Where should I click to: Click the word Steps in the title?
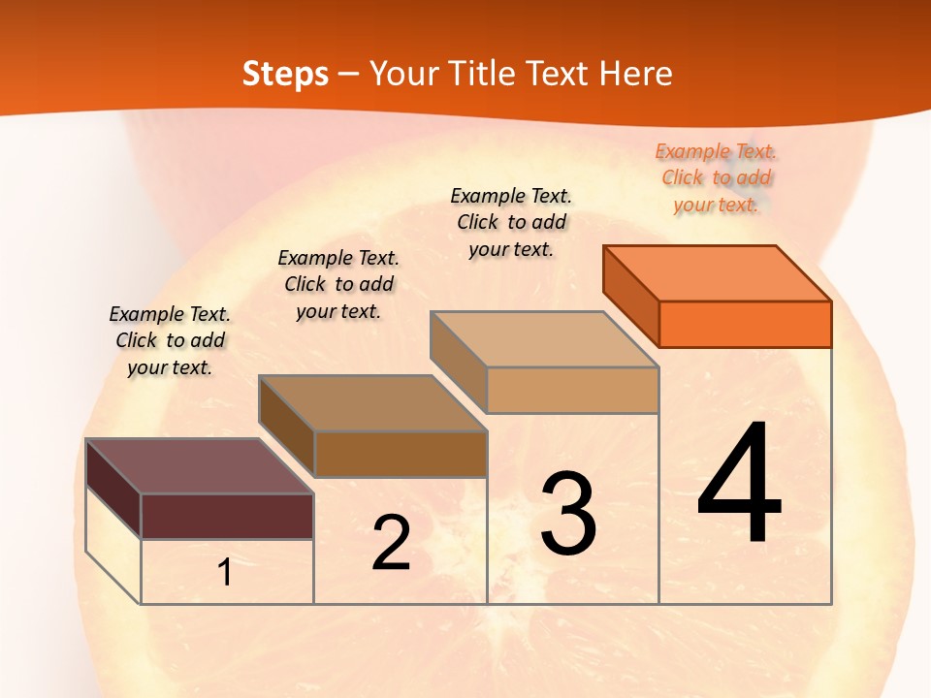coord(285,74)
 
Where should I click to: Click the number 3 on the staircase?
coord(568,514)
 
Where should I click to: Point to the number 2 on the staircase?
coord(391,543)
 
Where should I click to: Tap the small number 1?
coord(225,573)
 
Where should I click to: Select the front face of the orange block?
coord(745,324)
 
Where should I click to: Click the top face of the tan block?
coord(544,339)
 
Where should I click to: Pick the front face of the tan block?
coord(572,390)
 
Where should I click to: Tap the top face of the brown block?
coord(372,403)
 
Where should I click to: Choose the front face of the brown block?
coord(401,454)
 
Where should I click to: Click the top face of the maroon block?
coord(200,466)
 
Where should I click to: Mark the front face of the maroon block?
coord(227,516)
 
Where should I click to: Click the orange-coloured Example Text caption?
coord(717,177)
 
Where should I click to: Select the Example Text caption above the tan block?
coord(511,222)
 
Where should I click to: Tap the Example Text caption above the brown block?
coord(338,284)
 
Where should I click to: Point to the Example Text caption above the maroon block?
coord(170,340)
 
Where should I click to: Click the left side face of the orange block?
coord(631,296)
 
